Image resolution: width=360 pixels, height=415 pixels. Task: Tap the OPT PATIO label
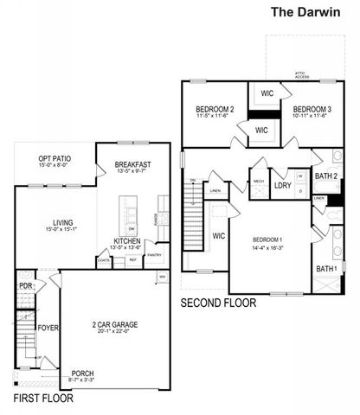point(55,159)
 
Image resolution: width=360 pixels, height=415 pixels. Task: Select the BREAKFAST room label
point(132,164)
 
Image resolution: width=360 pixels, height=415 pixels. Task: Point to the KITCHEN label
point(128,241)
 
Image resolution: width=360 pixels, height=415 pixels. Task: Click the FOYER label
point(48,329)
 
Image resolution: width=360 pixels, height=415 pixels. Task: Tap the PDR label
point(25,286)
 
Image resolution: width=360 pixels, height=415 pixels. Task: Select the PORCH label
point(83,374)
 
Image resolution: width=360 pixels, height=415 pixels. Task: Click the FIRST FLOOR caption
point(43,399)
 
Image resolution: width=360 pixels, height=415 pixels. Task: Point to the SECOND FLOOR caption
point(218,303)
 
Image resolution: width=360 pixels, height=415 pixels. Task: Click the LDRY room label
point(282,185)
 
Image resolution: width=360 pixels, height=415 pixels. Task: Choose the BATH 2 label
point(326,176)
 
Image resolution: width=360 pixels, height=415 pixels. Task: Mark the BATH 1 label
point(326,270)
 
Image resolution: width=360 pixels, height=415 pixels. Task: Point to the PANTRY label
point(154,255)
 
